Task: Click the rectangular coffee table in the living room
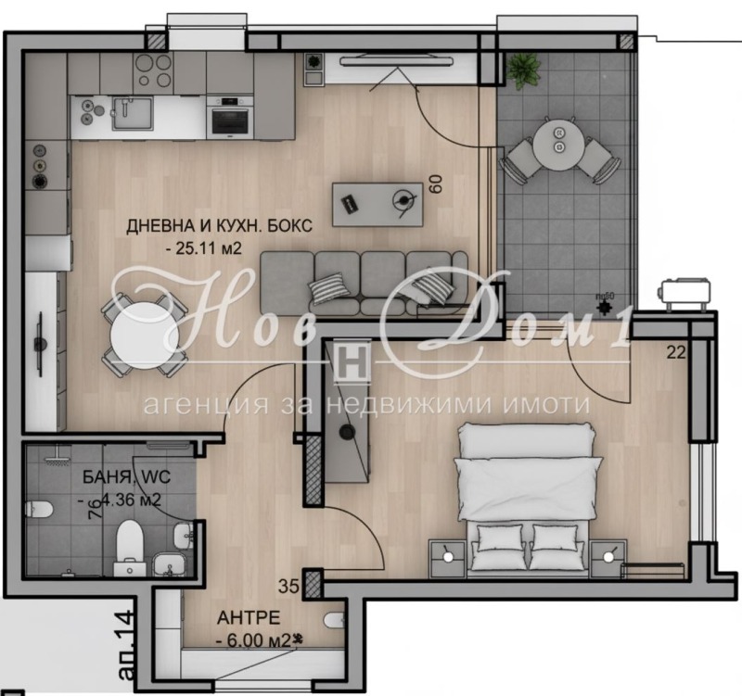click(377, 199)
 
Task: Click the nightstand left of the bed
click(449, 555)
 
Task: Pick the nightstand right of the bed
click(608, 555)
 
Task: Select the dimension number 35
click(289, 586)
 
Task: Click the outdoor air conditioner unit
click(685, 293)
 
